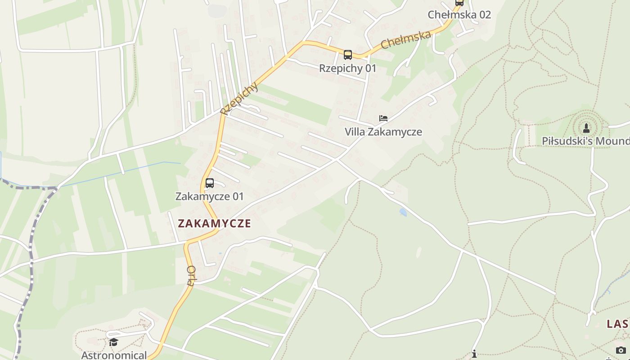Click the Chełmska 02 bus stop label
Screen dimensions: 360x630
click(459, 14)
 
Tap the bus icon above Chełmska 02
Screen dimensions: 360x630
click(459, 2)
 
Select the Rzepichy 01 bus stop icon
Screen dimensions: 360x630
click(347, 55)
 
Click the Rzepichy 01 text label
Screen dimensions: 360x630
click(347, 68)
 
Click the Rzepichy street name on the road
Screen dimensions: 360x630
click(239, 98)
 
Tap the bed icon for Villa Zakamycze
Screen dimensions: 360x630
click(383, 118)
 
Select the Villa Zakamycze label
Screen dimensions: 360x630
click(383, 132)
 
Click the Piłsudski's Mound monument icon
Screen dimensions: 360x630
click(586, 128)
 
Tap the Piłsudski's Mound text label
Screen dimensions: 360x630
click(585, 141)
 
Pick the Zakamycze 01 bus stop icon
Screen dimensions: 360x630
click(210, 183)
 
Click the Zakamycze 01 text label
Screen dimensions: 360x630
click(210, 197)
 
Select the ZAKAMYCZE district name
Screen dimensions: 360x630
click(214, 224)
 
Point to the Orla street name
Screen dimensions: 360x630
click(191, 275)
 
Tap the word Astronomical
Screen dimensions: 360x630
click(114, 355)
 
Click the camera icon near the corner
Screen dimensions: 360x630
click(621, 350)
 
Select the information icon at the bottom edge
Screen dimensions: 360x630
click(474, 354)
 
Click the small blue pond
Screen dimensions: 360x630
click(403, 212)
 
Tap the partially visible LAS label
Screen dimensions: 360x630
click(618, 324)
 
